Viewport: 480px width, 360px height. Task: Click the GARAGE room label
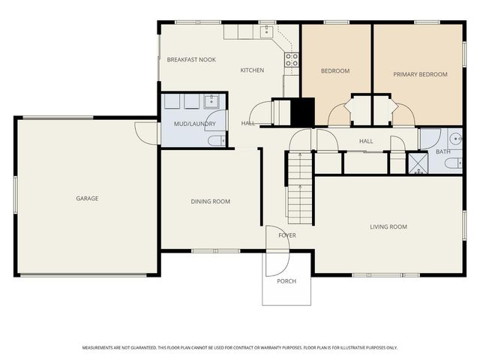point(87,199)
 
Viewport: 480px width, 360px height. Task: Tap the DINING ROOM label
point(211,202)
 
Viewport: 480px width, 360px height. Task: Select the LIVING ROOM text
point(388,226)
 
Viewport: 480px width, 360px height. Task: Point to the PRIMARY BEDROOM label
point(420,74)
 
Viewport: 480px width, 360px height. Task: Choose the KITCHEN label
point(252,70)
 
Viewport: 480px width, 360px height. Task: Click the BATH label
point(443,152)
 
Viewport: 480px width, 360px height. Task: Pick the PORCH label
point(286,281)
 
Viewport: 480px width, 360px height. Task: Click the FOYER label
point(287,235)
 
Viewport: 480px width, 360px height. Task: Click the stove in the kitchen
point(292,60)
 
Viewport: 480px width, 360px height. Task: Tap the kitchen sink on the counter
point(266,31)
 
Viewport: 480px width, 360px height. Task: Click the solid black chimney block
point(301,112)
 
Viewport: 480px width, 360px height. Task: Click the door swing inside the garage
point(146,131)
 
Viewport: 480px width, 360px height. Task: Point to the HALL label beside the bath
point(366,141)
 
